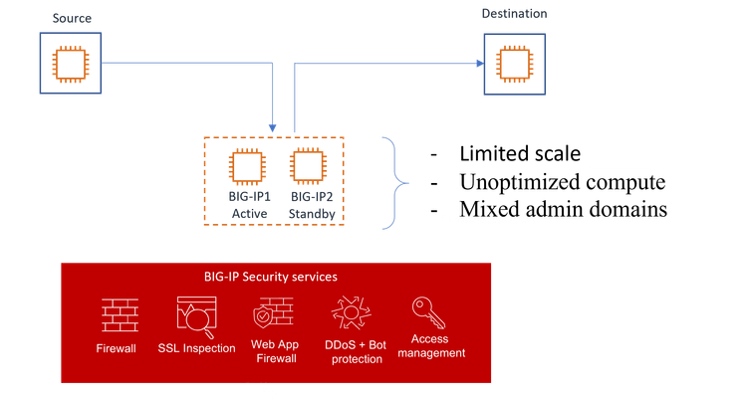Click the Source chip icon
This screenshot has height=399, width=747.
pos(70,64)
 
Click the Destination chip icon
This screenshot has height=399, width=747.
pos(514,64)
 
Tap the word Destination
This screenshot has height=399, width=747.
pos(514,14)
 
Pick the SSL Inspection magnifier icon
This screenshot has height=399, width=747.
pos(195,315)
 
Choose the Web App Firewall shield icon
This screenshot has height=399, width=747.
pos(274,315)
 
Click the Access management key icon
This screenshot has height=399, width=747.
pos(429,312)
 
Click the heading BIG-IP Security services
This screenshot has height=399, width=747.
pos(277,276)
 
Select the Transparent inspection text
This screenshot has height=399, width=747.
pos(494,218)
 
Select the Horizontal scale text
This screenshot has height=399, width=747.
pos(622,218)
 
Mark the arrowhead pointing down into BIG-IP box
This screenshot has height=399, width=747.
pos(272,127)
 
